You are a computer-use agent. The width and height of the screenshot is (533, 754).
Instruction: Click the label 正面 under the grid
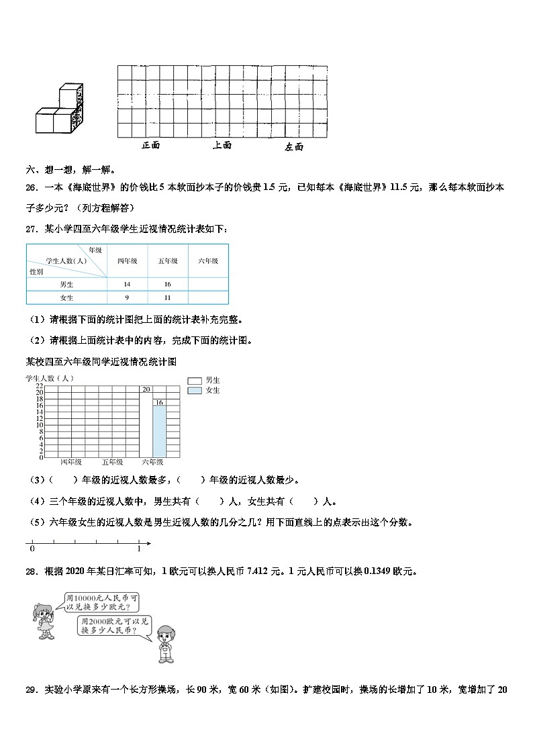(x=151, y=145)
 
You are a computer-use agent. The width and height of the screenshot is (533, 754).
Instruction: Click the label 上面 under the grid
(x=222, y=145)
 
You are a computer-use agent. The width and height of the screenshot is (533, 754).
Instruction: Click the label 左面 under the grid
(x=294, y=146)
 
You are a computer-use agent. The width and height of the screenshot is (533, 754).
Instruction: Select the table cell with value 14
(x=127, y=285)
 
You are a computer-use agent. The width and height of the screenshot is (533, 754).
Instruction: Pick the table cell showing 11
(x=168, y=297)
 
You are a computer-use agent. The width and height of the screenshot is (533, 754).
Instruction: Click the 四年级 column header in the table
(x=127, y=261)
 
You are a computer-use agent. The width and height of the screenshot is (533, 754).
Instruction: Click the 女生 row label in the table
(x=66, y=297)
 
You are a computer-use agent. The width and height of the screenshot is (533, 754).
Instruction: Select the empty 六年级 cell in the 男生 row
(x=208, y=285)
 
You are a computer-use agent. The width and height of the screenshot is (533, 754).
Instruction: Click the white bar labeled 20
(x=146, y=423)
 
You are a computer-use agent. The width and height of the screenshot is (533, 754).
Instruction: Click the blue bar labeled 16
(x=159, y=430)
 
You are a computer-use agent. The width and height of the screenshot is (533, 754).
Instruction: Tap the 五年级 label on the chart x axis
(x=112, y=463)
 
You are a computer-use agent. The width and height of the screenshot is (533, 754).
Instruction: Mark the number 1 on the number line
(x=138, y=549)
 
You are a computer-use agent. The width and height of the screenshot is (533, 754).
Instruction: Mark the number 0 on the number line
(x=32, y=549)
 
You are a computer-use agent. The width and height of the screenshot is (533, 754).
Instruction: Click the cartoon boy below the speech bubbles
(x=165, y=643)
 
